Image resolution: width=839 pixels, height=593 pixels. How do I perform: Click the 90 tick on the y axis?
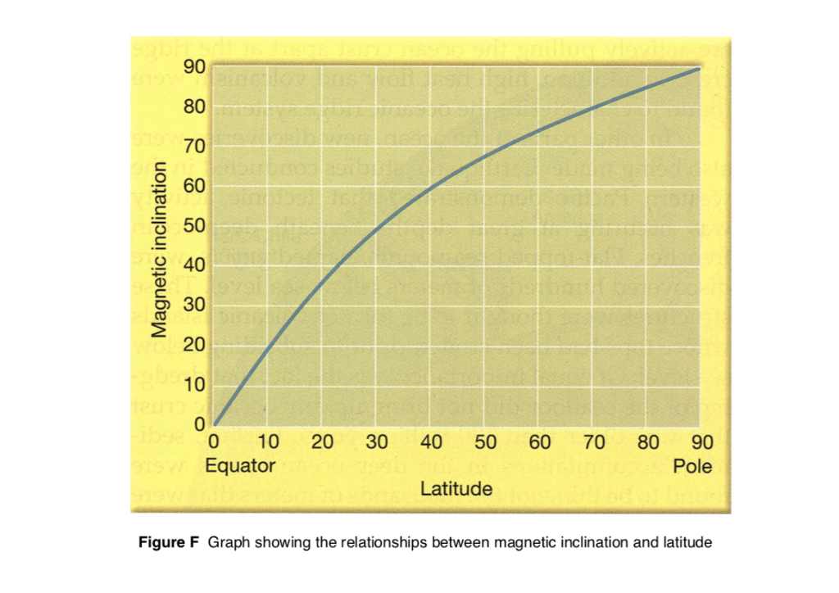click(x=194, y=68)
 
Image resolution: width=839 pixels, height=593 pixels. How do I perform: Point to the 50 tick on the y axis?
click(x=194, y=226)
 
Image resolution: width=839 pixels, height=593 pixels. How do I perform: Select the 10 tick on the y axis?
click(x=194, y=385)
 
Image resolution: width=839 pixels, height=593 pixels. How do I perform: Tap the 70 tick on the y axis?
click(x=194, y=147)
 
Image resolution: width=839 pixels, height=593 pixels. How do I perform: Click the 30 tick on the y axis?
click(x=194, y=306)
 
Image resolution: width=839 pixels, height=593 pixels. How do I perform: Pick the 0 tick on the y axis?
click(x=199, y=424)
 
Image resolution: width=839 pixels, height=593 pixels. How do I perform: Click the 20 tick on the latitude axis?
click(x=323, y=443)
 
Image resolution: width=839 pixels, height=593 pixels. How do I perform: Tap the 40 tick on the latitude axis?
click(x=431, y=443)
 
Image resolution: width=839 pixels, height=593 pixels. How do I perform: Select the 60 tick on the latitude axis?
click(x=539, y=443)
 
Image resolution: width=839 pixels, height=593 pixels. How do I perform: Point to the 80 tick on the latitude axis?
click(x=647, y=443)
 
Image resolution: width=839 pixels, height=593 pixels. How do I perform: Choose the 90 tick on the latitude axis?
click(x=701, y=443)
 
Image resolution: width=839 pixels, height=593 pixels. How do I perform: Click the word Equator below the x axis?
click(x=239, y=467)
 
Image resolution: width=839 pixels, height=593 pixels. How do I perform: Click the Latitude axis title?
click(x=456, y=490)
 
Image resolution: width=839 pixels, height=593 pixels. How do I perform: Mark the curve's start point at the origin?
click(x=215, y=424)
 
